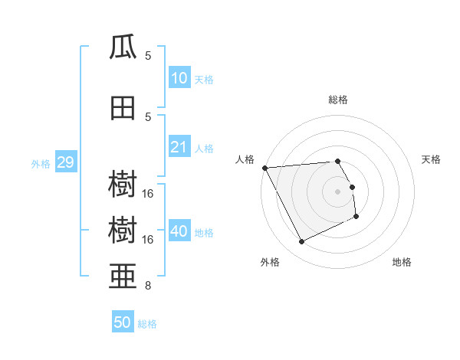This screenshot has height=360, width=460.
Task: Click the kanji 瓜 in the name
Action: click(123, 48)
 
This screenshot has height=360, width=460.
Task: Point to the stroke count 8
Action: click(148, 286)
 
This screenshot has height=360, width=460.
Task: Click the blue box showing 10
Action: click(179, 78)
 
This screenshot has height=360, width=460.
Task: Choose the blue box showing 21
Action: click(179, 147)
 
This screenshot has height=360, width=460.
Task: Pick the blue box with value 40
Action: click(179, 231)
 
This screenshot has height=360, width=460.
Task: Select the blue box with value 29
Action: click(65, 162)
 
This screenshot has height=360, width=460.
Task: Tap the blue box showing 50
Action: click(122, 322)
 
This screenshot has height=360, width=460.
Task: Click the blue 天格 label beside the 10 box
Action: click(203, 79)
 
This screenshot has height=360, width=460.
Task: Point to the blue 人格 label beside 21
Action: click(203, 148)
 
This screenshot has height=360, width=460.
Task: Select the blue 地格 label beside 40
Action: click(203, 232)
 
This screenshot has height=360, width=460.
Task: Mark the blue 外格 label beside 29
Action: click(41, 163)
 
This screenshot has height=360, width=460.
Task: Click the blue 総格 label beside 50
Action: click(147, 323)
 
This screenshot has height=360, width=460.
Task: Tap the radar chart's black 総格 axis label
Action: click(338, 100)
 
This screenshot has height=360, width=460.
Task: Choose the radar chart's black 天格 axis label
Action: click(432, 159)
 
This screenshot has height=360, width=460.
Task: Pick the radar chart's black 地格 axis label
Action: click(402, 262)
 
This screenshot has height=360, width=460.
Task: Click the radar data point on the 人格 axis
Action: click(264, 167)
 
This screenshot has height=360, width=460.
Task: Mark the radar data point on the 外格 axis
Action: click(301, 242)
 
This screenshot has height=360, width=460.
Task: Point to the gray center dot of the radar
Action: click(338, 191)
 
